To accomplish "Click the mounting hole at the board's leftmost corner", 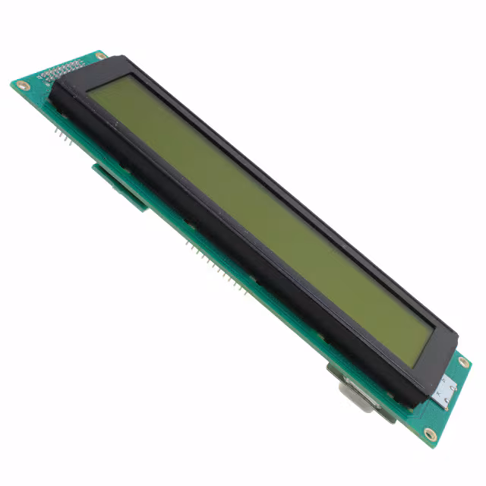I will tap(21, 84).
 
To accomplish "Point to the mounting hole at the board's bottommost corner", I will tap(430, 434).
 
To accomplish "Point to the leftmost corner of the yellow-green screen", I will tap(89, 90).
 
